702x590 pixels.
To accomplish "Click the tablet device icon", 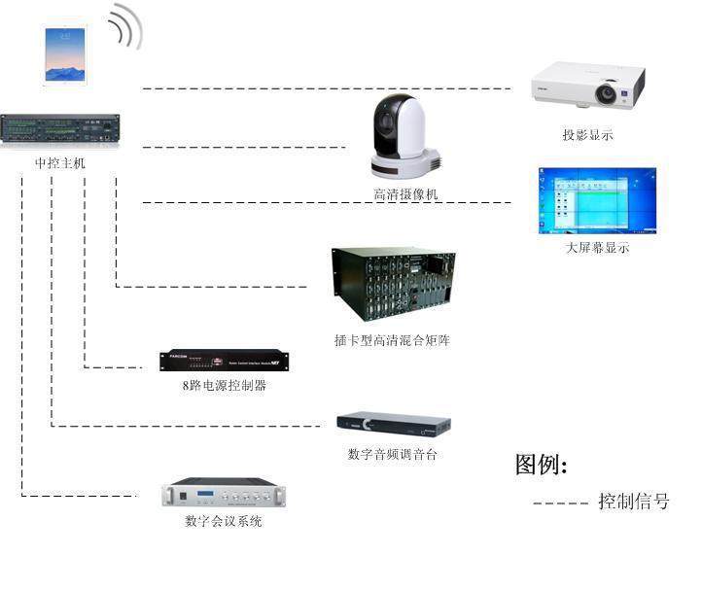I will click(64, 54).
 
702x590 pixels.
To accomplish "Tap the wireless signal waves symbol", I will click(125, 27).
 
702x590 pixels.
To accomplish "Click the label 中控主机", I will click(60, 163).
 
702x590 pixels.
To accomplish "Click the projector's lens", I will click(608, 94).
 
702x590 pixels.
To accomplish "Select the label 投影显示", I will click(587, 135).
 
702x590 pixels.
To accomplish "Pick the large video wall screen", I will click(597, 201).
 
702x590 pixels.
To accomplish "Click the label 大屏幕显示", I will click(597, 248).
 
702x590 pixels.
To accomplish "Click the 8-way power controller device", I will click(224, 360).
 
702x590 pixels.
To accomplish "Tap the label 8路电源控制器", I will click(224, 386).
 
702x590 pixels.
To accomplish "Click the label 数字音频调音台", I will click(392, 454).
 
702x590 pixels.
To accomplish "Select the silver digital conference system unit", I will click(223, 493).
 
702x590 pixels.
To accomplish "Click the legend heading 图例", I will click(541, 465).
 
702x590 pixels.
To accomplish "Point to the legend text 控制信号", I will click(633, 502).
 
